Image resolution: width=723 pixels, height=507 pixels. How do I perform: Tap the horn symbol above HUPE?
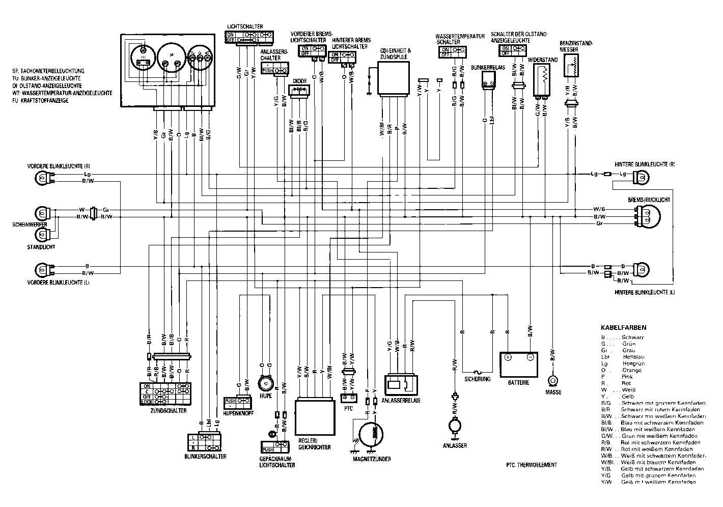(x=265, y=383)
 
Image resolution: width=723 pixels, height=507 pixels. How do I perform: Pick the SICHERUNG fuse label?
(x=478, y=379)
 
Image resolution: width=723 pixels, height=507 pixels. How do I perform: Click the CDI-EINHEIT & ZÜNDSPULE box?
(x=392, y=79)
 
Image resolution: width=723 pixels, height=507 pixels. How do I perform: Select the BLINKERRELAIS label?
(x=488, y=67)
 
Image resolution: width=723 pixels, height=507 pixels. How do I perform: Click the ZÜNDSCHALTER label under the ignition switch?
(x=168, y=410)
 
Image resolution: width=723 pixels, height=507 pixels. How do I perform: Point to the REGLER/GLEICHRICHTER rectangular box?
(x=315, y=417)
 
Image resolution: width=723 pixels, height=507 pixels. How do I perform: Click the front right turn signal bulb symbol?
(x=42, y=177)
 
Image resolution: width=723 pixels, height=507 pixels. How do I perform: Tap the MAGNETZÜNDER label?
(x=372, y=459)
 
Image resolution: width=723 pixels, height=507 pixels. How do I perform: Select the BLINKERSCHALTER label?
(x=206, y=456)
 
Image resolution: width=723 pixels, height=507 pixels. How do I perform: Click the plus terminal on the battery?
(x=508, y=357)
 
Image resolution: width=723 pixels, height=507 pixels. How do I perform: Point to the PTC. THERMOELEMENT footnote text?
(x=532, y=465)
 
